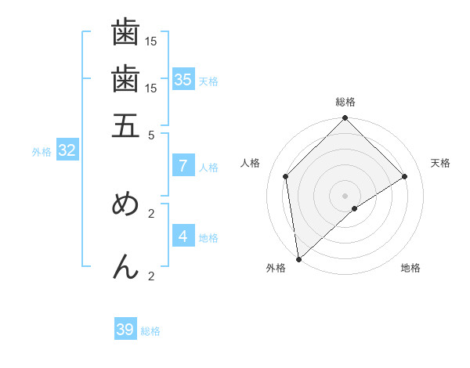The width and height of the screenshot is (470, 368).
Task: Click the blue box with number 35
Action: pyautogui.click(x=183, y=80)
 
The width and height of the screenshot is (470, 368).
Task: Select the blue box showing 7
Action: pyautogui.click(x=183, y=166)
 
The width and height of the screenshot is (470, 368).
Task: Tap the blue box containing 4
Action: pyautogui.click(x=183, y=236)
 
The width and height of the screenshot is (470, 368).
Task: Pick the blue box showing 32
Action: pyautogui.click(x=67, y=151)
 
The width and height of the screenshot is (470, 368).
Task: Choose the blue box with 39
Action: pyautogui.click(x=125, y=330)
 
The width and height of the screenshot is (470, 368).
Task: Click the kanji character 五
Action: pyautogui.click(x=125, y=124)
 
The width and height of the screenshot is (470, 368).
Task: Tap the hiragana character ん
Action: pyautogui.click(x=125, y=267)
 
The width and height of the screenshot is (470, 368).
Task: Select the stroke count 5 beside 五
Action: pyautogui.click(x=152, y=134)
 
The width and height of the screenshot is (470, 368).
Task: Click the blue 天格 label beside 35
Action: pyautogui.click(x=208, y=81)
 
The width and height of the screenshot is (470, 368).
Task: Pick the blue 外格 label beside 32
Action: pyautogui.click(x=42, y=152)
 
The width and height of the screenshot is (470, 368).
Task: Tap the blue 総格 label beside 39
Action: pyautogui.click(x=150, y=331)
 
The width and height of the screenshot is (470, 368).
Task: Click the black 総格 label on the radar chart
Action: pyautogui.click(x=345, y=103)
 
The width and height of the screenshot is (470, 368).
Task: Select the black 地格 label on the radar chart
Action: pyautogui.click(x=410, y=269)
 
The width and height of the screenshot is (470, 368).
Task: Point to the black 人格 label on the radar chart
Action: pyautogui.click(x=251, y=163)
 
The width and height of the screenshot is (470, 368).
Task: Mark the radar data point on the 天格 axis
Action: pyautogui.click(x=405, y=176)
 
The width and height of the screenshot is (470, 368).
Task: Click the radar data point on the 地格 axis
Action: pyautogui.click(x=355, y=208)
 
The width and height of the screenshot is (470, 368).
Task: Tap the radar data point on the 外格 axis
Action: pyautogui.click(x=298, y=259)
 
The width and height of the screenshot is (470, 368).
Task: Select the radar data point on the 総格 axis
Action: pyautogui.click(x=345, y=119)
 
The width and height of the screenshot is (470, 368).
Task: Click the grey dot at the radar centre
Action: pyautogui.click(x=345, y=195)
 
